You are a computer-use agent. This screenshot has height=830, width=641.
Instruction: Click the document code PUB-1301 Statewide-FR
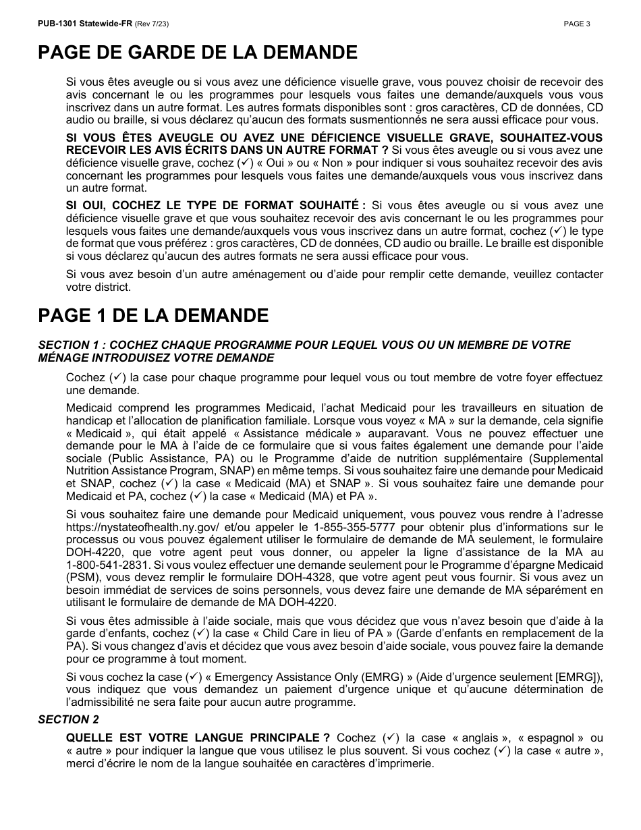pos(84,24)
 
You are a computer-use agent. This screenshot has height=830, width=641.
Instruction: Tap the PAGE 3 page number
pos(577,24)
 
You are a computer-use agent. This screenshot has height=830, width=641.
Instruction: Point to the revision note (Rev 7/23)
pos(152,24)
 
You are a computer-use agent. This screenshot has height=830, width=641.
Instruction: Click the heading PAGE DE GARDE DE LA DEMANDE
pos(198,53)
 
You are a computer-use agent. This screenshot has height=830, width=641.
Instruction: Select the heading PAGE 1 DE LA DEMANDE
pos(153,315)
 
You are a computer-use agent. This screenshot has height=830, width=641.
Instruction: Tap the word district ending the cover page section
pos(114,287)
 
